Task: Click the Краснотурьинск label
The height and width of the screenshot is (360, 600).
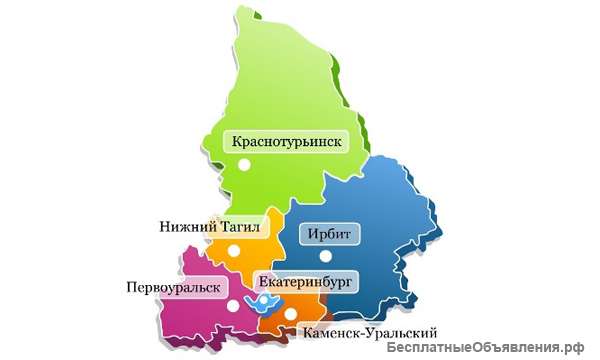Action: coord(287,142)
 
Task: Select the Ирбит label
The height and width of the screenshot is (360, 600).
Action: coord(328,236)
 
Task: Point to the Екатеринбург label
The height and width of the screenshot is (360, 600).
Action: coord(305,283)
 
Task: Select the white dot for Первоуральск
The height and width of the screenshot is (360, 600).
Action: coord(232,306)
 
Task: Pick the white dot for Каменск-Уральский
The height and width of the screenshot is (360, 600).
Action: coord(290,313)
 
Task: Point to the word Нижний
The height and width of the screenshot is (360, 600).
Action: coord(187,227)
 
